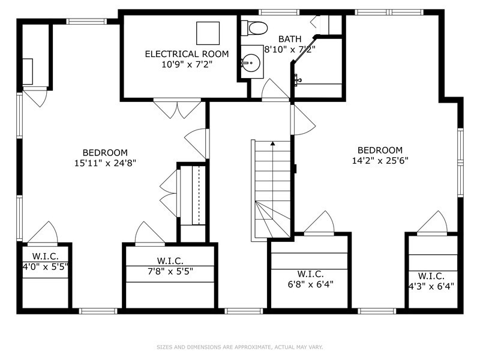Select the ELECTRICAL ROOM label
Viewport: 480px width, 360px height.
click(x=187, y=54)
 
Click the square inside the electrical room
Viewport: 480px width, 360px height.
click(x=208, y=32)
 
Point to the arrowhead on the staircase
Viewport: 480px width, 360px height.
click(x=272, y=144)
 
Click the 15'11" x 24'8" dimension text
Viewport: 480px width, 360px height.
click(x=105, y=163)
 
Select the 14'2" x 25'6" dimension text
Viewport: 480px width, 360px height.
click(x=380, y=160)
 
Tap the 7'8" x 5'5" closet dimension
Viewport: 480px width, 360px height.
click(x=170, y=271)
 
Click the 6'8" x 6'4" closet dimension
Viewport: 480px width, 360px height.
click(x=310, y=284)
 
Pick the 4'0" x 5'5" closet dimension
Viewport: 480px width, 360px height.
click(x=46, y=265)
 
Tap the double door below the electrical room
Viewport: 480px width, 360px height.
click(x=177, y=108)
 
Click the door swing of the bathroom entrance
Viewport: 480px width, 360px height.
click(x=274, y=90)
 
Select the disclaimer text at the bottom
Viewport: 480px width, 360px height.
click(x=239, y=347)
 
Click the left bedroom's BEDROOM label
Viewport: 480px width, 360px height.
click(x=105, y=152)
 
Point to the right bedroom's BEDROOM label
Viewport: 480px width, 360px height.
click(x=380, y=150)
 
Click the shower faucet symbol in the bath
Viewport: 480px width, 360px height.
click(x=296, y=79)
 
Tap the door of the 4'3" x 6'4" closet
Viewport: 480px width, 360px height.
click(x=432, y=223)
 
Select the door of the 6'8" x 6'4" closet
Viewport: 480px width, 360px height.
click(x=319, y=223)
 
